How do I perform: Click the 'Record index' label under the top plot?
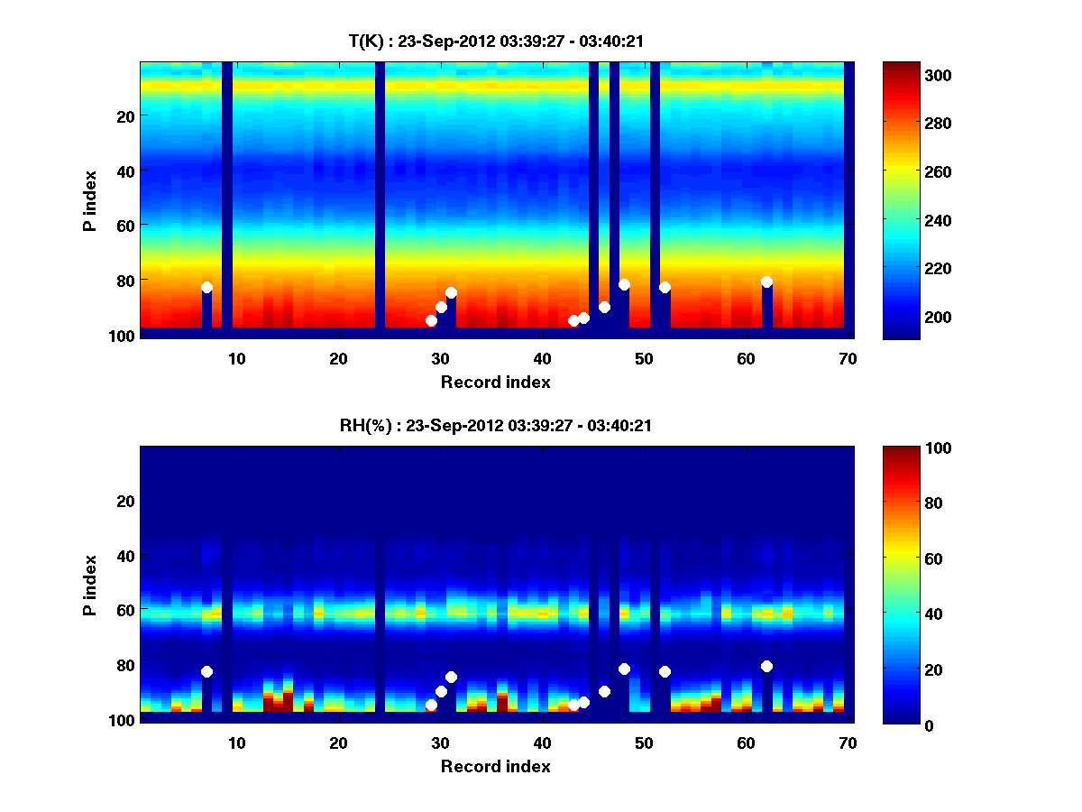tap(495, 382)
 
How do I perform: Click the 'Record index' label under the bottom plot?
tap(495, 766)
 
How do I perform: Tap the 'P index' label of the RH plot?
tap(89, 585)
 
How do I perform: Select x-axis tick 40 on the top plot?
tap(542, 358)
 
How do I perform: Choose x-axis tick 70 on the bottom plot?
tap(848, 743)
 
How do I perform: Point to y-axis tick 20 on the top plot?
tap(124, 115)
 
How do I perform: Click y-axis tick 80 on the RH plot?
tap(124, 665)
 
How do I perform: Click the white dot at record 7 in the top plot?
tap(206, 287)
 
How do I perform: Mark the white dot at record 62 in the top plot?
tap(766, 281)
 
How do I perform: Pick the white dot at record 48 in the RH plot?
tap(624, 669)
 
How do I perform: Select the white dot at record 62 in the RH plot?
tap(766, 666)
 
